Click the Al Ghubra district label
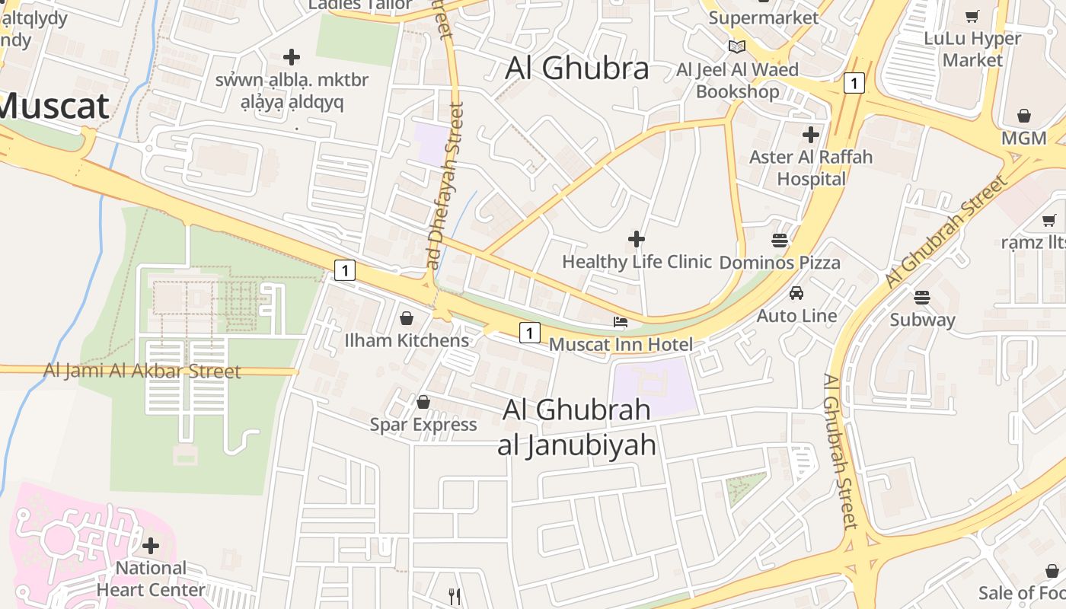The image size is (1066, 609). click(577, 69)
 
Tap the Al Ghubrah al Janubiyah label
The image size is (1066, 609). click(576, 427)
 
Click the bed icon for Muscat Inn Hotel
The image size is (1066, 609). click(621, 322)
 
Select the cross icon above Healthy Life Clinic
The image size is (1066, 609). click(637, 239)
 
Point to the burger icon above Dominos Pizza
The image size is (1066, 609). click(779, 241)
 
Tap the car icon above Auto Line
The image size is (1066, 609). click(796, 293)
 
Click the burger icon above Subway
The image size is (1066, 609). click(922, 297)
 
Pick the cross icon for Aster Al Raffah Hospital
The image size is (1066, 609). click(811, 135)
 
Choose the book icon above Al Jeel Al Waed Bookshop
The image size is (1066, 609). click(736, 46)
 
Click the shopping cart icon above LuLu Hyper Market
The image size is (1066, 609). click(972, 16)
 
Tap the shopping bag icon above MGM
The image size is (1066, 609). click(1024, 116)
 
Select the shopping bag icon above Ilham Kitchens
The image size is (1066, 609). click(407, 317)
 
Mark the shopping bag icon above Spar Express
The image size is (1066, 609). click(423, 402)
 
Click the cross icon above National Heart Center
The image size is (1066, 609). click(151, 545)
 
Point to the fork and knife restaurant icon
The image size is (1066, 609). click(455, 596)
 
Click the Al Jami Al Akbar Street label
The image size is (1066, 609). click(142, 371)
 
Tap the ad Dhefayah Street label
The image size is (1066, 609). click(446, 186)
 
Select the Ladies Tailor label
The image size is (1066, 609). click(351, 5)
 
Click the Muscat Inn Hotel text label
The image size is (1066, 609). click(621, 344)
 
